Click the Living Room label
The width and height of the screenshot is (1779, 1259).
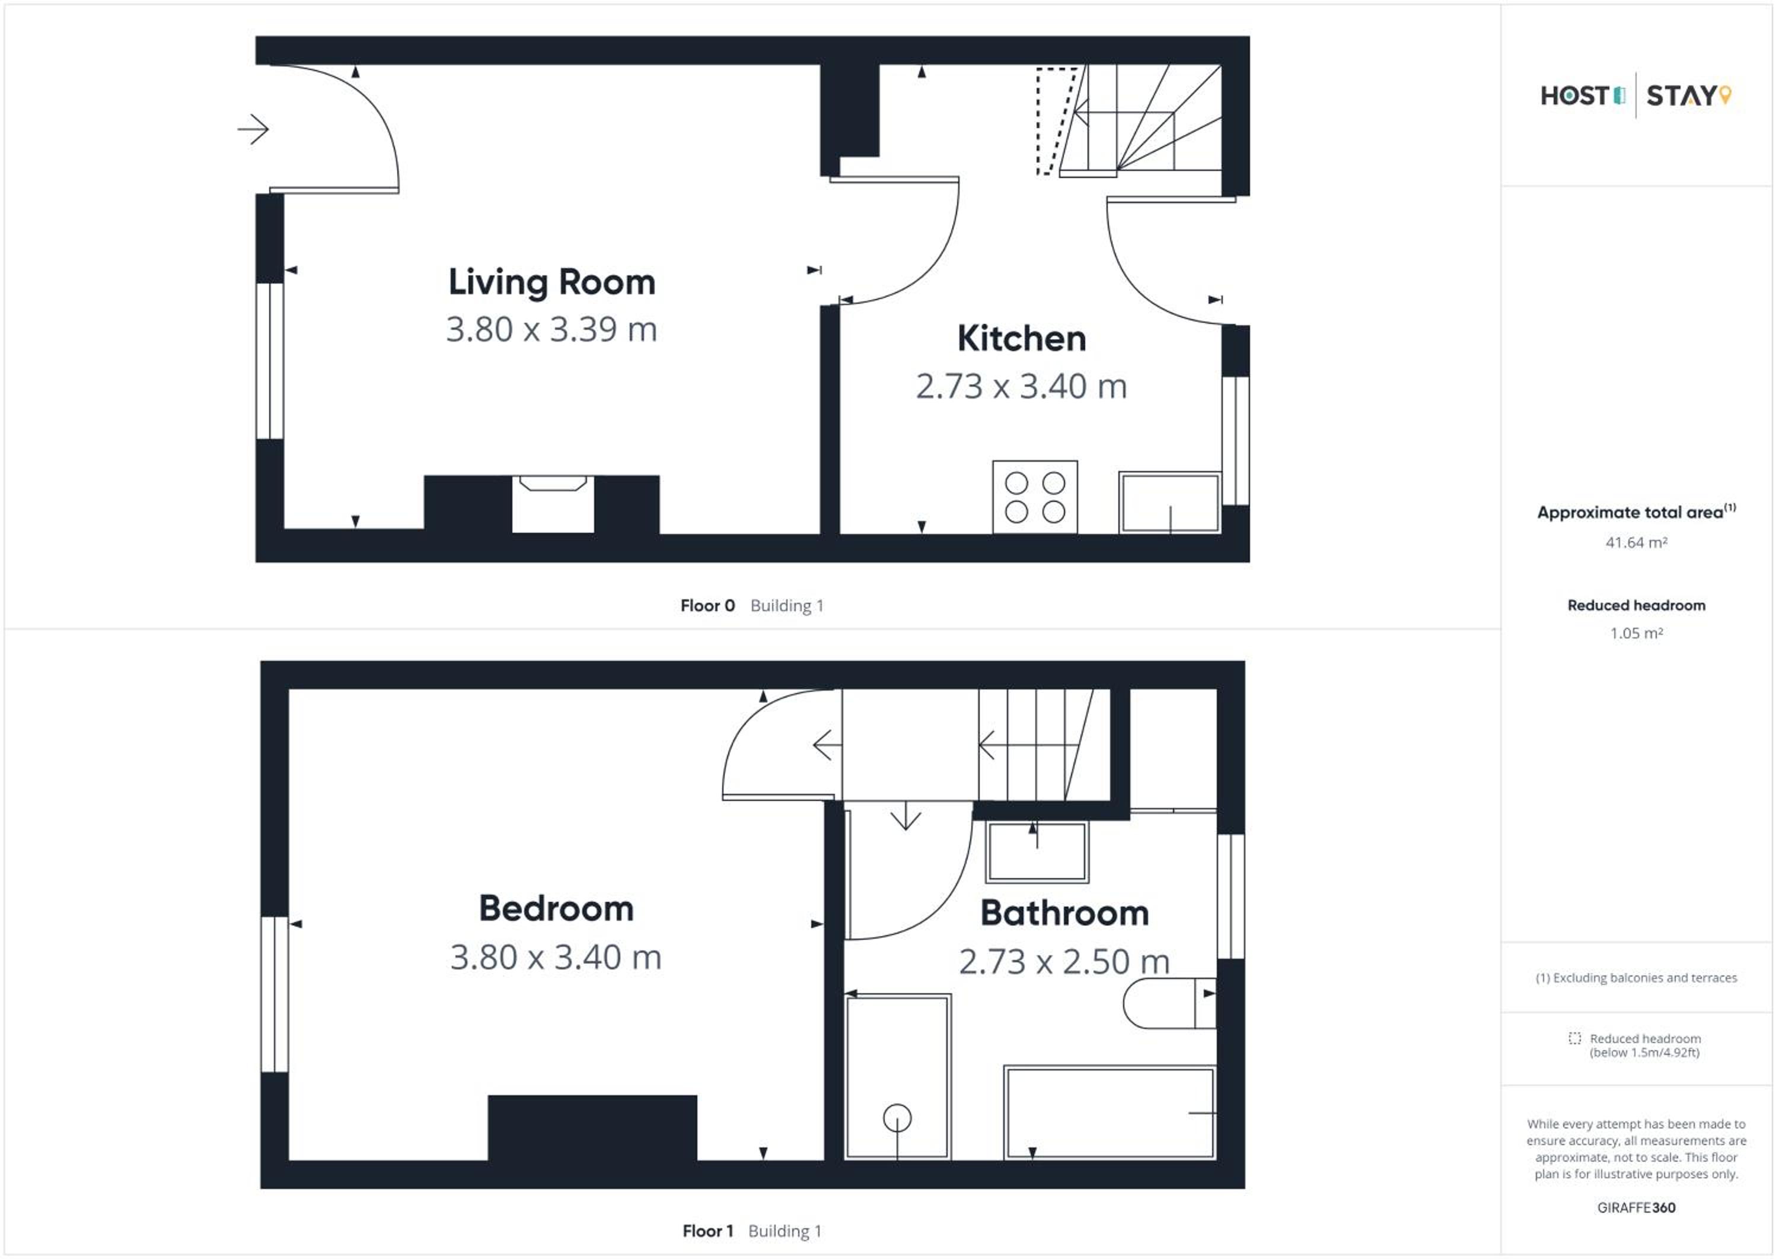coord(551,282)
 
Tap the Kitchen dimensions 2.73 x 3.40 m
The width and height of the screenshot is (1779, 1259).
coord(1021,386)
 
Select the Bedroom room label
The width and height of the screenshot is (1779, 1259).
coord(556,908)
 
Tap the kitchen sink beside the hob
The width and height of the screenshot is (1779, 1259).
coord(1170,503)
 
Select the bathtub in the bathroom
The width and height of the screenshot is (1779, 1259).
coord(1110,1112)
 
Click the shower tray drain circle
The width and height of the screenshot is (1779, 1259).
coord(897,1118)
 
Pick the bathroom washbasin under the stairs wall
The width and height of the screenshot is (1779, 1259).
coord(1037,851)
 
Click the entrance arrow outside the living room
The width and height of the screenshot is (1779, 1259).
coord(253,129)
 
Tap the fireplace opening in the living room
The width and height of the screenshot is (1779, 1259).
coord(553,504)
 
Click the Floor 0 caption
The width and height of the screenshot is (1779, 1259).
coord(707,605)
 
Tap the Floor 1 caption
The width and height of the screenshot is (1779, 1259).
coord(707,1231)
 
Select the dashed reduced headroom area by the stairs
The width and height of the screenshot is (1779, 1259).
coord(1057,121)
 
